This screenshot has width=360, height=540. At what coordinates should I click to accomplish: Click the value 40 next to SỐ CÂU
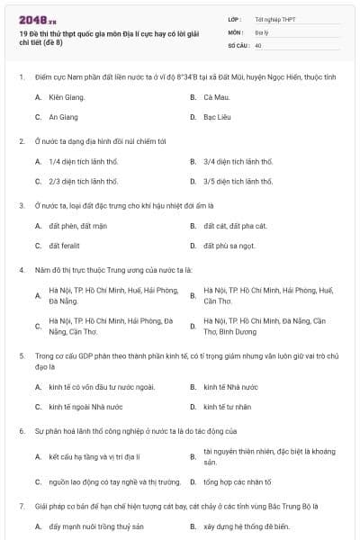[x=258, y=44]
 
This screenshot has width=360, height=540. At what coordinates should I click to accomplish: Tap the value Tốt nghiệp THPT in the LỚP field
[x=274, y=18]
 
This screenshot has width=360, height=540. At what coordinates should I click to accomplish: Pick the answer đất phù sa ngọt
[x=229, y=246]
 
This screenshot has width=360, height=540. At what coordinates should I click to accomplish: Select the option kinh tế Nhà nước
[x=229, y=386]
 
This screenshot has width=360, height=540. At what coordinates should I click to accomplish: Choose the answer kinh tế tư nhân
[x=227, y=407]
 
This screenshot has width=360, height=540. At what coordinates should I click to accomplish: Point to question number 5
[x=21, y=355]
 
